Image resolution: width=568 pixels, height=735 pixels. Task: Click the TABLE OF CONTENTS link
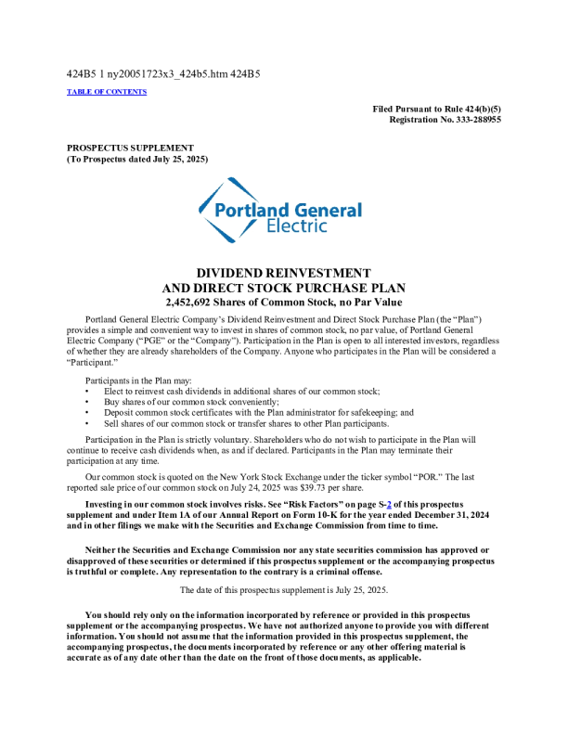107,92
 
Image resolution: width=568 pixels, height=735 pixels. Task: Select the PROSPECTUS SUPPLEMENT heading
130,148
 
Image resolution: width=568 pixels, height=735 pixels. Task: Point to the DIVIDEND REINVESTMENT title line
284,273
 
